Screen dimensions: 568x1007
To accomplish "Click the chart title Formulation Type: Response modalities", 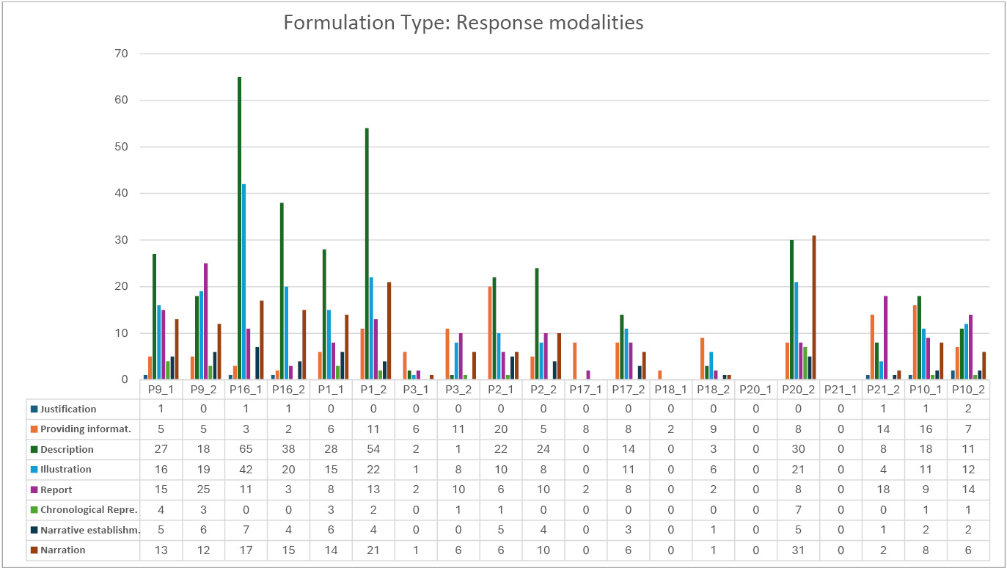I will click(x=464, y=23).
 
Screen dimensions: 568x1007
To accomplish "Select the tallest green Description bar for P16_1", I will click(x=239, y=227).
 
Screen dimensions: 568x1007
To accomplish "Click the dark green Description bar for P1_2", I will click(x=367, y=253).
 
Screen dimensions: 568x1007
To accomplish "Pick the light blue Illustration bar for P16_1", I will click(x=243, y=282).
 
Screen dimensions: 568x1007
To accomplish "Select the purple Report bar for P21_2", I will click(x=886, y=338).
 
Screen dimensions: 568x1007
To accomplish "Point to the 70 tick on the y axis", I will click(x=121, y=54).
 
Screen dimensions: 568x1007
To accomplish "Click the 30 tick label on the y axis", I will click(x=121, y=240).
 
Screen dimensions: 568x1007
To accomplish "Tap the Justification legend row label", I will click(x=68, y=409).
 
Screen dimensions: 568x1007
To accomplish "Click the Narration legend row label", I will click(x=63, y=550).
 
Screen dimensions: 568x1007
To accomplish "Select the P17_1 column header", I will click(x=585, y=389).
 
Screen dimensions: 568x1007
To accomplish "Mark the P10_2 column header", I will click(x=967, y=389).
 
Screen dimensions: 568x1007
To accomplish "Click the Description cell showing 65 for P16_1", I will click(x=246, y=449).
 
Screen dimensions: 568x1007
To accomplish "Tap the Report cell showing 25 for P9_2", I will click(x=203, y=489).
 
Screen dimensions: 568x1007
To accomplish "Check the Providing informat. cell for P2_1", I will click(x=500, y=429).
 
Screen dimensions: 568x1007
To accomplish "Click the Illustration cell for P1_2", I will click(x=373, y=469).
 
